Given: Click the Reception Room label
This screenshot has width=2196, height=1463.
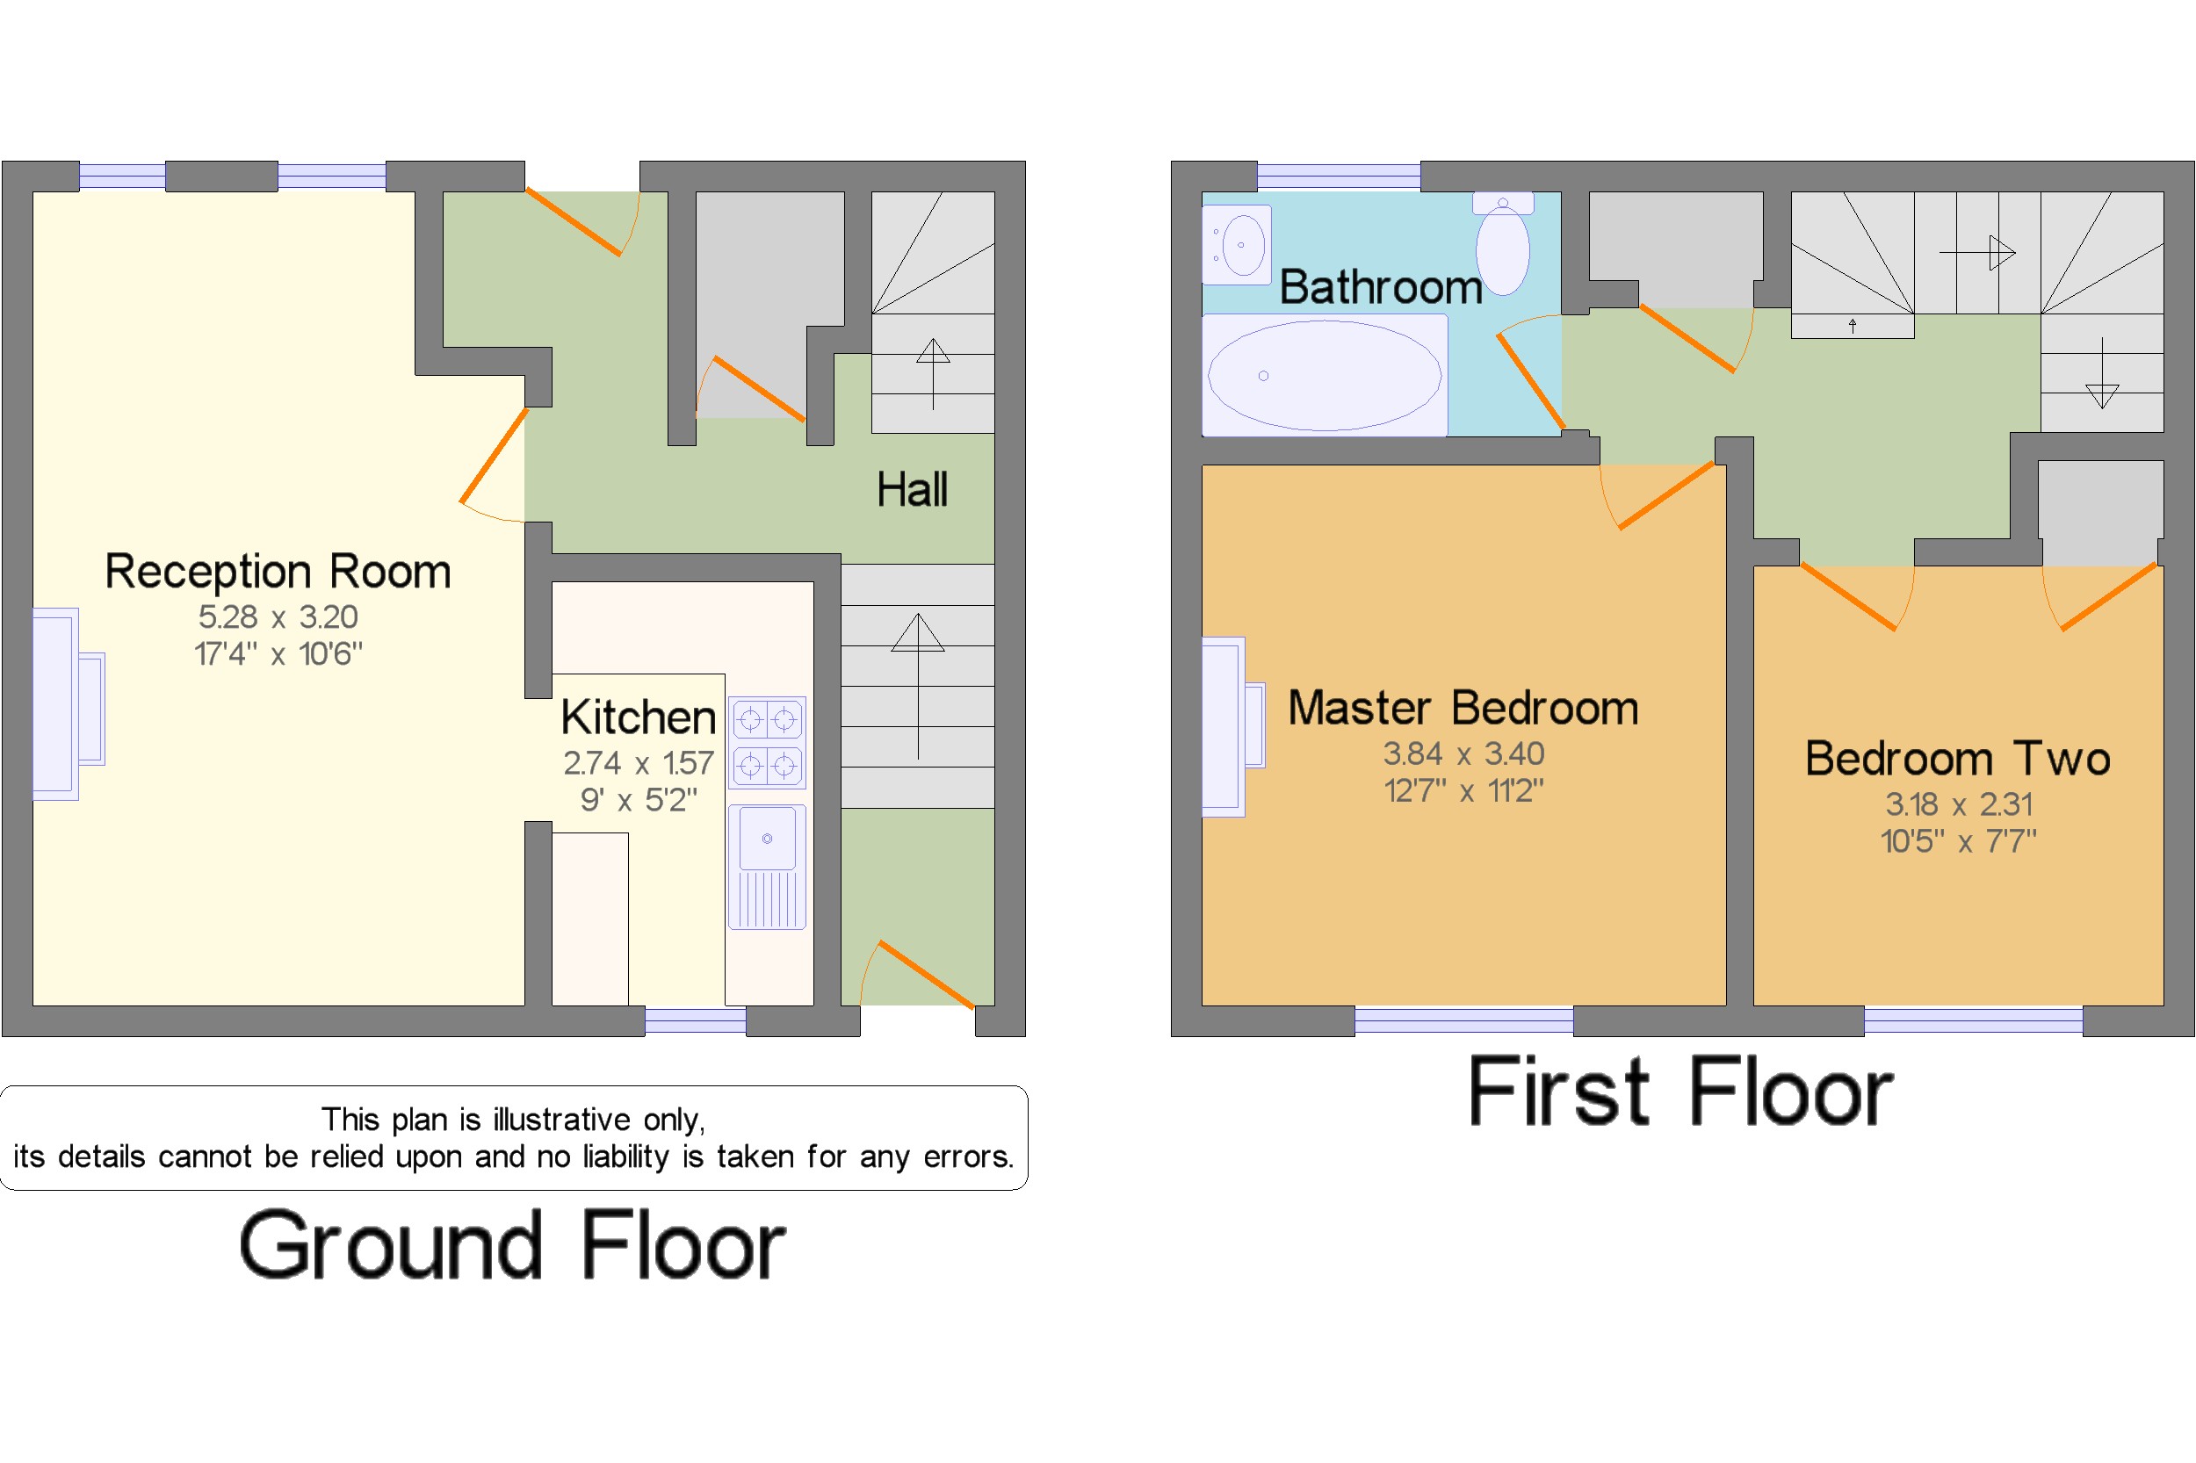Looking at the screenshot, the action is point(278,571).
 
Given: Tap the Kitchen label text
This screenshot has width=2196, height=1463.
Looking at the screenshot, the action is point(639,717).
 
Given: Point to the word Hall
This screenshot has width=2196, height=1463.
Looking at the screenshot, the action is point(912,489).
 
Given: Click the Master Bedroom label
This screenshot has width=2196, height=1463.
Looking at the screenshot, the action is point(1463,707).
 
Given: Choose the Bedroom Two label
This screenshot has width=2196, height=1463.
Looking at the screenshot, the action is point(1957,758).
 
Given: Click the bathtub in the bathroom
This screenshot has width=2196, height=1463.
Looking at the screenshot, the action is point(1325,375).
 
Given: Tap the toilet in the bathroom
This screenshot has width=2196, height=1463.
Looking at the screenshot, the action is point(1503,242).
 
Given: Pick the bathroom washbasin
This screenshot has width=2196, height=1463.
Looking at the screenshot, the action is point(1238,244).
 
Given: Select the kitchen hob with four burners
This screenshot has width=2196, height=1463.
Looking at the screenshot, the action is point(767,743).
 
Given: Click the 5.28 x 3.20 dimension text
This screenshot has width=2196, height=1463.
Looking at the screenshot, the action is point(278,616).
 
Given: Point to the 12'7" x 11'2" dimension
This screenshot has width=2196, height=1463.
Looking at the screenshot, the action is point(1463,791).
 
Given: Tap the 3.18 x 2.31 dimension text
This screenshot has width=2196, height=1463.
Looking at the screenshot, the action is point(1958,804).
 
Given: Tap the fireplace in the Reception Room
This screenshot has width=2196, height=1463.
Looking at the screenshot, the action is point(69,704).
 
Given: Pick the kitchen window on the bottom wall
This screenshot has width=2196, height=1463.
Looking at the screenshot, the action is point(696,1020).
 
